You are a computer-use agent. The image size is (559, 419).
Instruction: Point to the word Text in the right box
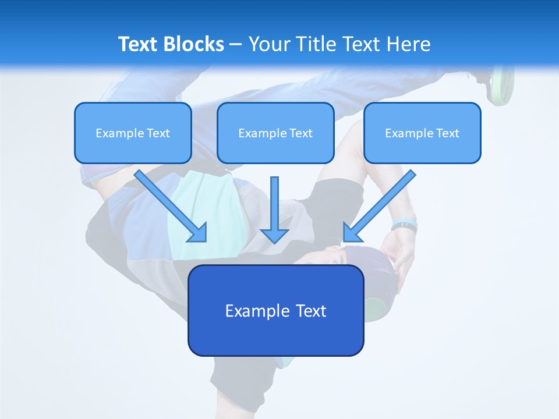click(447, 133)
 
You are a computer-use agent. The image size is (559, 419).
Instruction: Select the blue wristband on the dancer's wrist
click(404, 224)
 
